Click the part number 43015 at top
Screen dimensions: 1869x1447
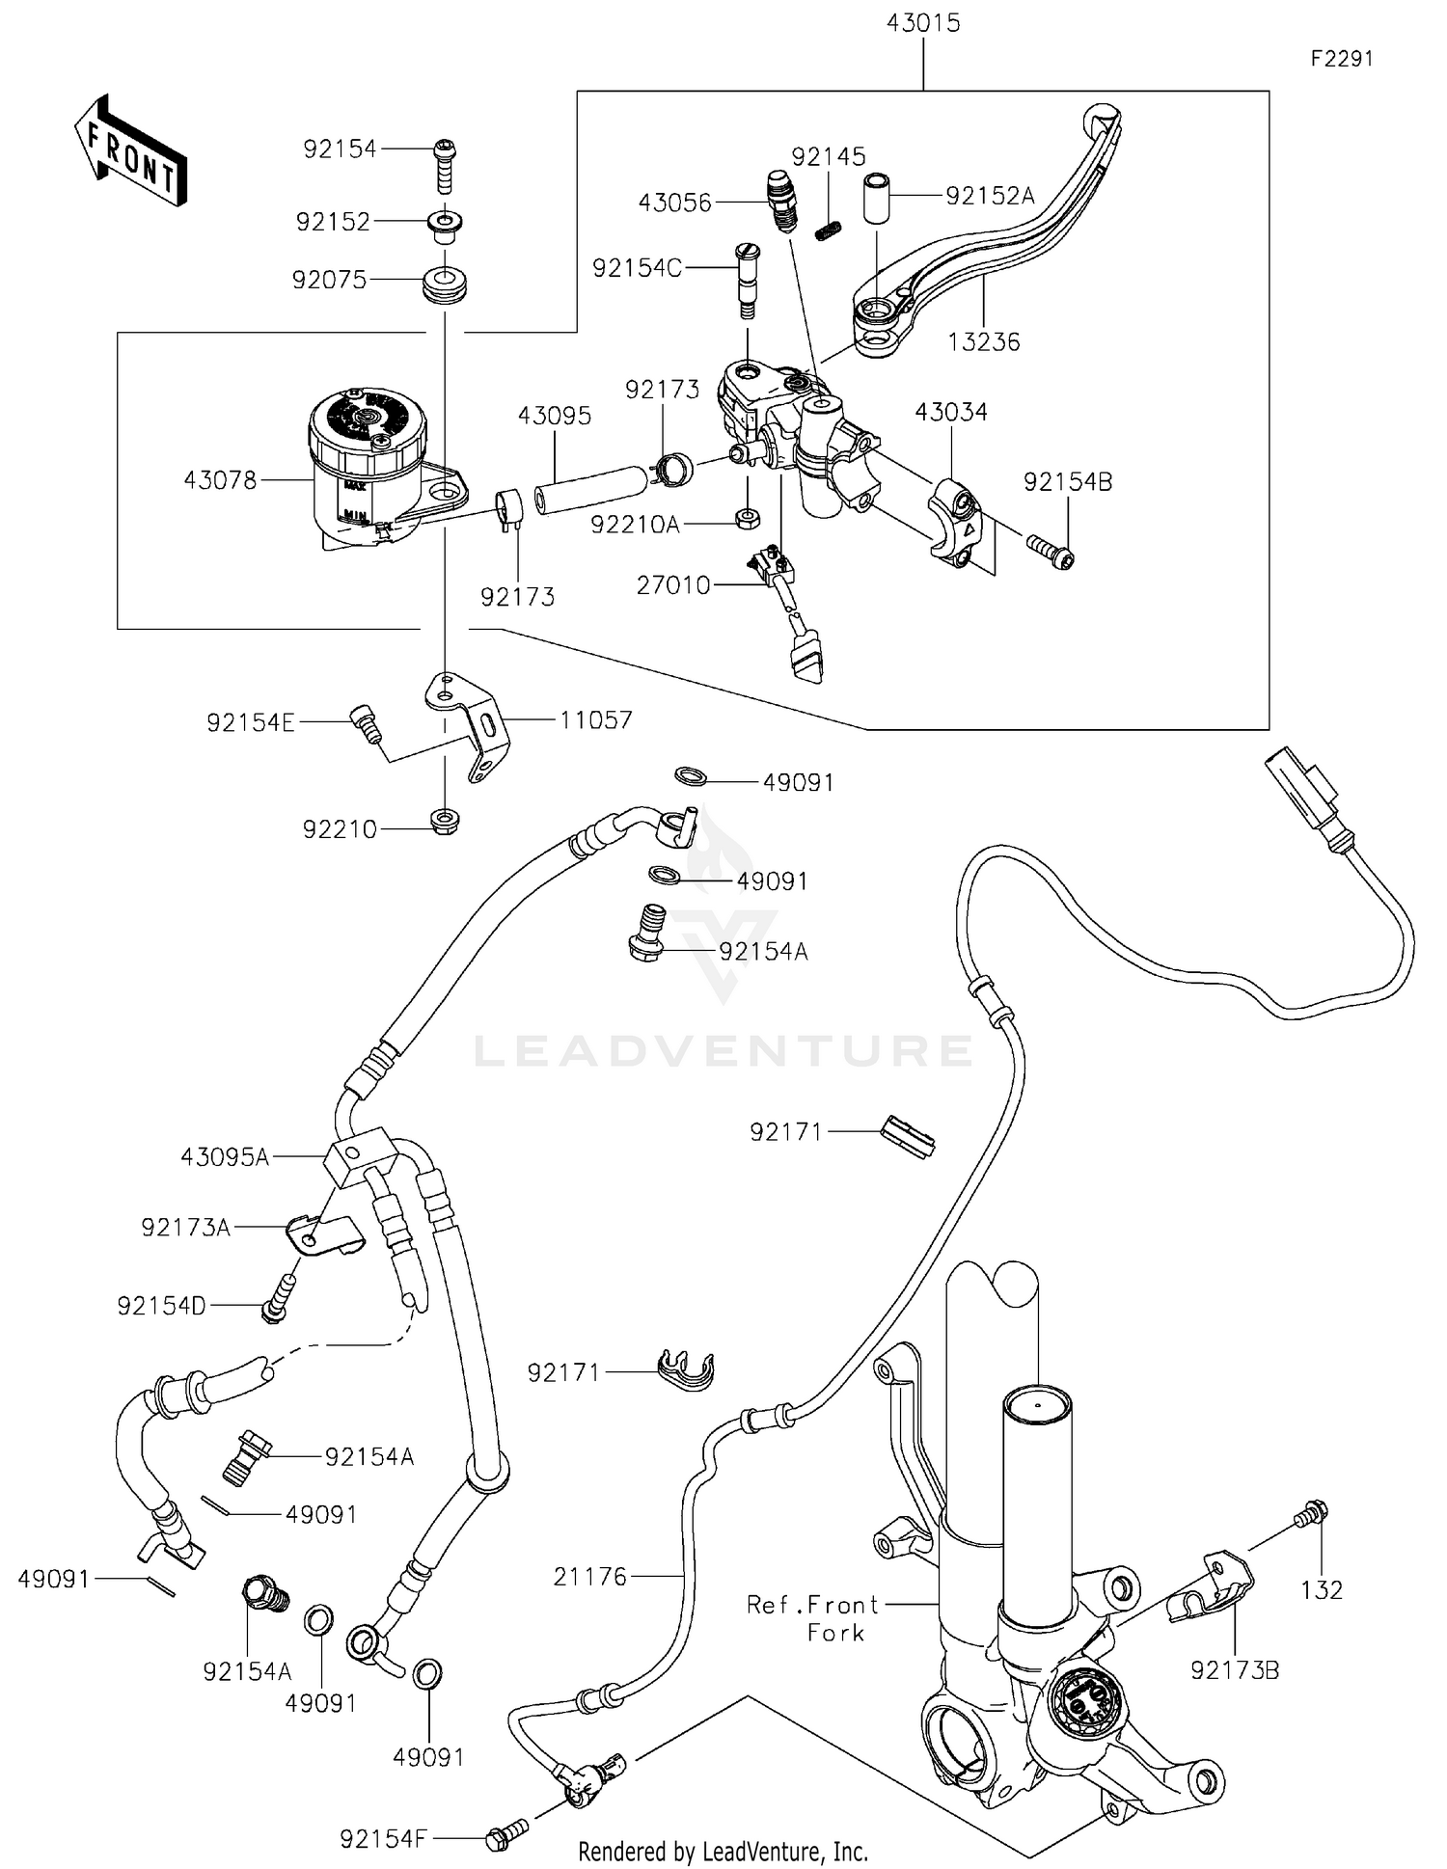[923, 23]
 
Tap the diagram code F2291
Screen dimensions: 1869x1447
[1341, 59]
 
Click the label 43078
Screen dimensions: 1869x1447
[220, 479]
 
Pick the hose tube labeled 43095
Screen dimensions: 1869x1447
[589, 490]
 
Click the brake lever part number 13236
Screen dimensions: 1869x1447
[983, 341]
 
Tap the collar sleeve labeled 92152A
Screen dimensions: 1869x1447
[876, 198]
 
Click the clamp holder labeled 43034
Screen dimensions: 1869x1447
[955, 522]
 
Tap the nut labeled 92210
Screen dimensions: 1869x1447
[444, 822]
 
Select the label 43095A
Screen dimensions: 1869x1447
[225, 1156]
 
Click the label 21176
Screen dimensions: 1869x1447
[589, 1577]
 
